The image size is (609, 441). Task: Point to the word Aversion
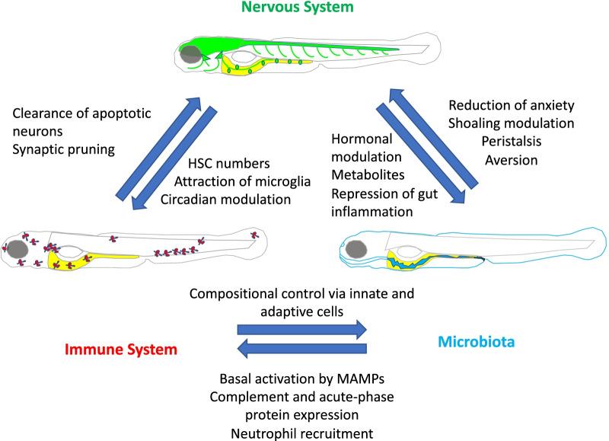click(512, 159)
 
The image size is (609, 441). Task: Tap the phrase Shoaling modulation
click(511, 123)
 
